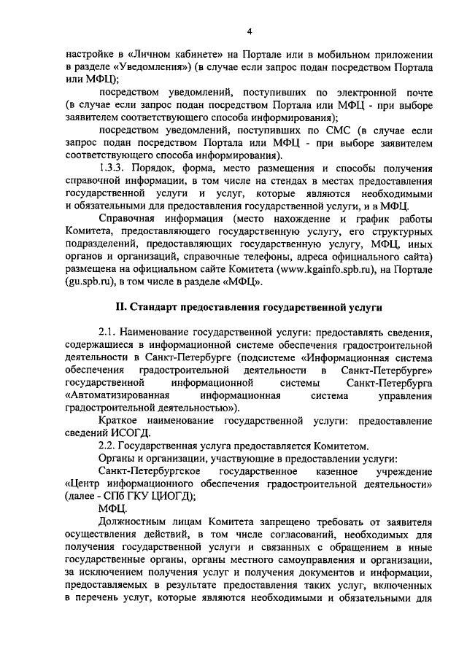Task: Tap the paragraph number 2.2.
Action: [x=109, y=446]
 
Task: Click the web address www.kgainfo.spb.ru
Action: [x=329, y=269]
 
